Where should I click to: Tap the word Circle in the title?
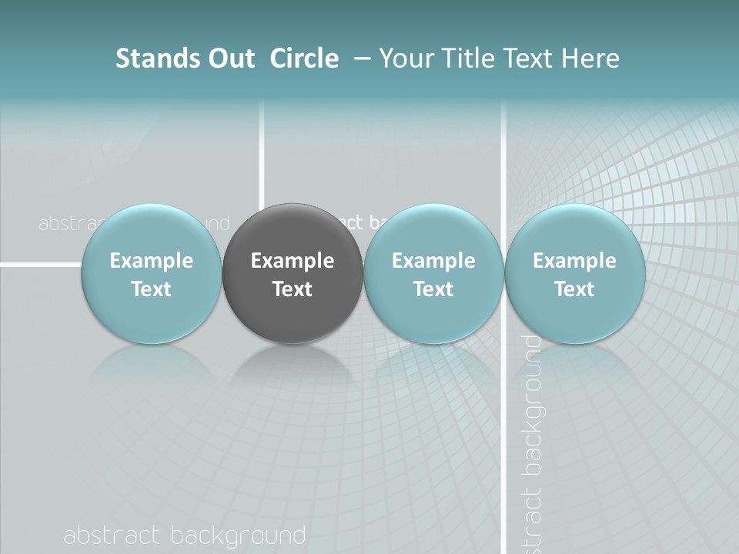pos(304,58)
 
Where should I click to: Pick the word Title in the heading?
pos(469,58)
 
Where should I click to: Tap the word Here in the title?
pos(591,58)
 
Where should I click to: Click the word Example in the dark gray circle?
pos(293,261)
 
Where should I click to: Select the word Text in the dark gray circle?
pos(293,289)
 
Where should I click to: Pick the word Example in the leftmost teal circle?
pos(152,261)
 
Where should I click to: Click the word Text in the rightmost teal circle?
pos(574,289)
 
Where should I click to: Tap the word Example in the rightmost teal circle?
pos(574,261)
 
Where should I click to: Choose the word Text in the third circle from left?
pos(433,289)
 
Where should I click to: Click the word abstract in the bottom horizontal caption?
pos(112,536)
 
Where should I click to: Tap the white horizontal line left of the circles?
pos(38,265)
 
